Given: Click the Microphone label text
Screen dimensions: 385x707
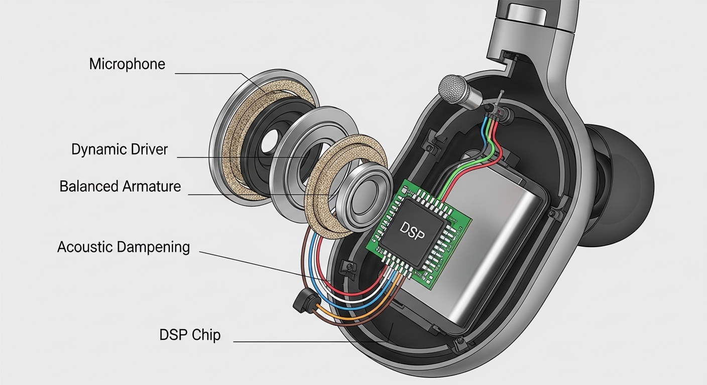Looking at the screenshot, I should coord(127,64).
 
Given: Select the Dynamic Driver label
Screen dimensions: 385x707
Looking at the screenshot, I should coord(120,149).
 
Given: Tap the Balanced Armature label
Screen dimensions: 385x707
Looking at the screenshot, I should coord(120,186).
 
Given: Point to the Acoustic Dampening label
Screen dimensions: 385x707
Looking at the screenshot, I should coord(124,247).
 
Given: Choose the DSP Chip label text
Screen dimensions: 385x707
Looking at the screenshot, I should coord(190,335).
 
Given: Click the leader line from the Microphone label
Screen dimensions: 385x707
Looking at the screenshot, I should coord(211,74).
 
